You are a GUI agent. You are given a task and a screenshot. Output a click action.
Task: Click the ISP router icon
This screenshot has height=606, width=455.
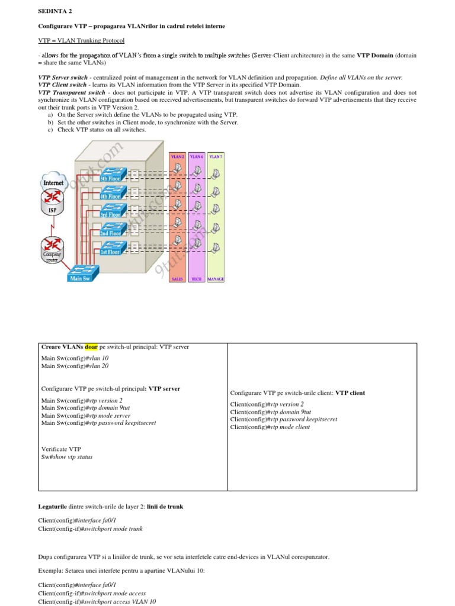[53, 205]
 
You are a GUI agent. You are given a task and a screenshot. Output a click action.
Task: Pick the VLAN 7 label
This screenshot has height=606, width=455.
[216, 156]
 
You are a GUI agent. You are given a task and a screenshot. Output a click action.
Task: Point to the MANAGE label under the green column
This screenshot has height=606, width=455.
[216, 278]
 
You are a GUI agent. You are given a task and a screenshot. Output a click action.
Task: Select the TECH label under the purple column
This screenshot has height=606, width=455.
[197, 278]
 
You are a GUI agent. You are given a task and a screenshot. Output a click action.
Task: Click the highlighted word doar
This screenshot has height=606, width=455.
[91, 347]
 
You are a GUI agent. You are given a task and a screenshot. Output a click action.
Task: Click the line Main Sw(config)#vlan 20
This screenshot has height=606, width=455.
[75, 366]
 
